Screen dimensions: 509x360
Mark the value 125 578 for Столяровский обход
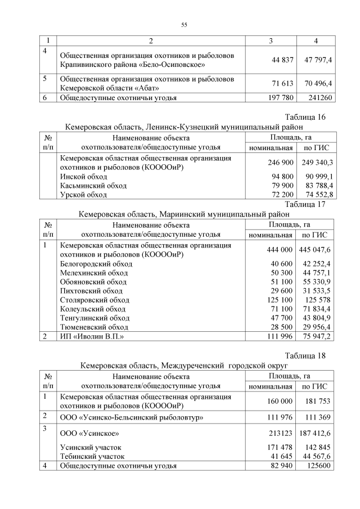(319, 299)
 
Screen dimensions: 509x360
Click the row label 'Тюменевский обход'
(94, 326)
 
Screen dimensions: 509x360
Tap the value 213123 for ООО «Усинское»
(280, 434)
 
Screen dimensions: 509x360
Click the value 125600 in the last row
(319, 466)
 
